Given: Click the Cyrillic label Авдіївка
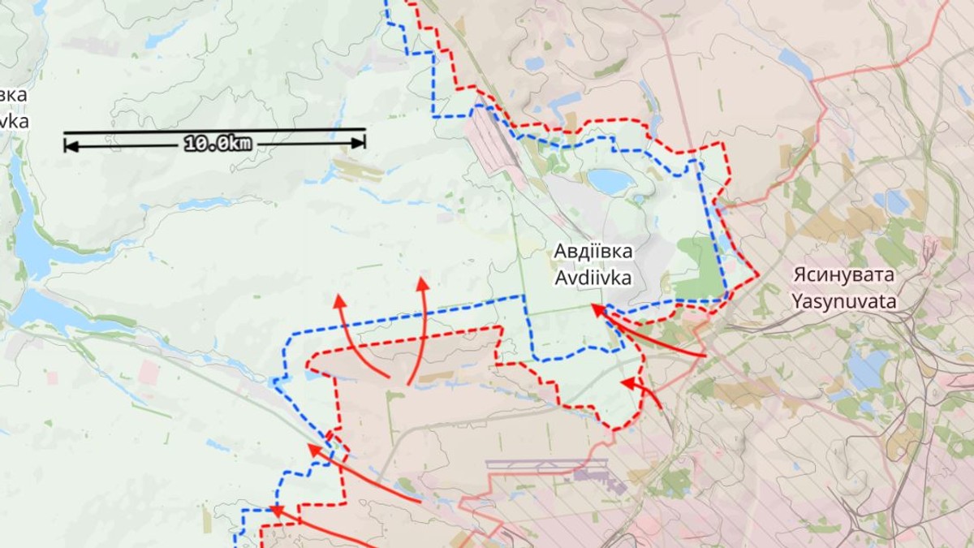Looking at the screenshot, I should (593, 251).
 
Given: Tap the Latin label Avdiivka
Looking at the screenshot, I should (593, 278).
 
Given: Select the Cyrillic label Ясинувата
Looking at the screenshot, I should (844, 274).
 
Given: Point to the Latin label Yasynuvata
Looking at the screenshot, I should (844, 302).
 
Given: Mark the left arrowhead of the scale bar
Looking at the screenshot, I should (70, 145).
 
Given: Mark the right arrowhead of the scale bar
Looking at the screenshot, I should (360, 142).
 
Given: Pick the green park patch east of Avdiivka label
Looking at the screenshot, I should (699, 268).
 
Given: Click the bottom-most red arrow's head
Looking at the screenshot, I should (276, 511).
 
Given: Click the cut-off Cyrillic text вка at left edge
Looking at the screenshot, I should (13, 95).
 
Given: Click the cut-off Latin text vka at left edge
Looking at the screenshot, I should (15, 121).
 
